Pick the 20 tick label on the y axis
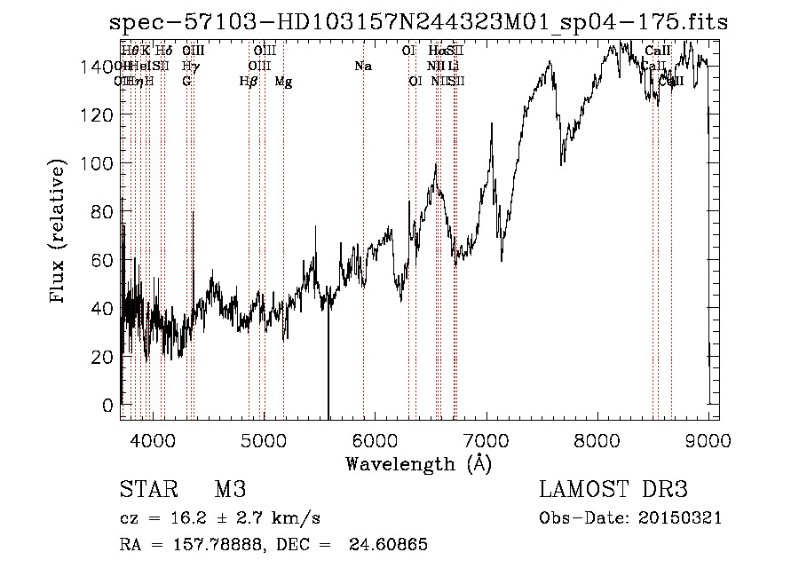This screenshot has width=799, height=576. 102,357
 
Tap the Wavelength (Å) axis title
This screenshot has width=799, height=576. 418,463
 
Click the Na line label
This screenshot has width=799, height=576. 362,67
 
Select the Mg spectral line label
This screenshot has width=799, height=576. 283,82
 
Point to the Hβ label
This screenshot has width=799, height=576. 249,82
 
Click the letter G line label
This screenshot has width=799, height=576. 186,82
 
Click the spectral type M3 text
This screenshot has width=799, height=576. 229,490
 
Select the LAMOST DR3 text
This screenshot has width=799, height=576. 613,490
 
